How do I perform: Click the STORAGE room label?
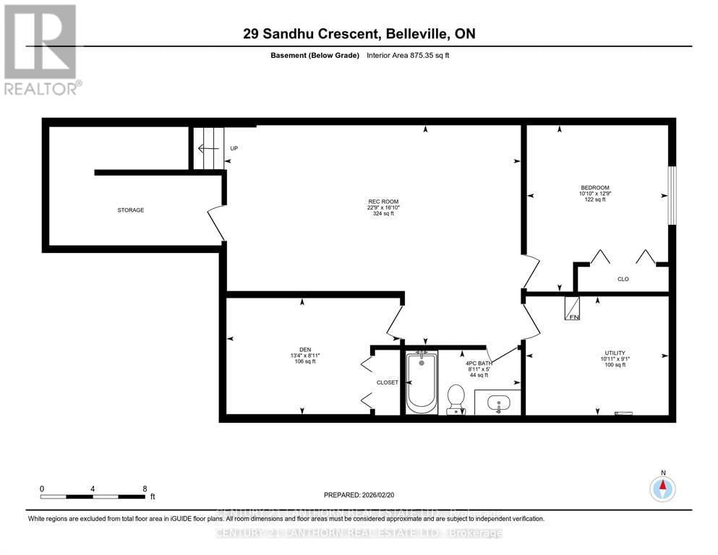coord(131,210)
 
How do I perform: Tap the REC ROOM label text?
coord(382,202)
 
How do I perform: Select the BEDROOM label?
coord(595,187)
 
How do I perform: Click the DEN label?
coord(304,349)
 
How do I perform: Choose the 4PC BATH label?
coord(479,363)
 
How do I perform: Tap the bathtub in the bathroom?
coord(421,382)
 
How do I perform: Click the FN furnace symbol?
coord(573,309)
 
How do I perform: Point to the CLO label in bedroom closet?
coord(623,278)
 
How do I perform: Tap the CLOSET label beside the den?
coord(387,382)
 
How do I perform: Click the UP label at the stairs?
coord(234,149)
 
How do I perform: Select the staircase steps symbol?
coord(210,147)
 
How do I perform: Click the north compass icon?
coord(662,489)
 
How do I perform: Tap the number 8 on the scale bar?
coord(145,489)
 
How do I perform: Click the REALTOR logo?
coord(42,48)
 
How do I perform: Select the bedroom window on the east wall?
coord(671,195)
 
